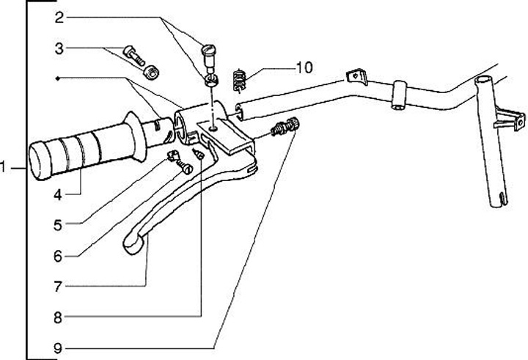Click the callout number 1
coord(5,168)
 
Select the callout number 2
coord(59,15)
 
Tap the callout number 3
coord(59,49)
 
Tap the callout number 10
coord(304,67)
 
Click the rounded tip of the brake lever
coord(134,243)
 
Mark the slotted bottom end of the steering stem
coord(500,198)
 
